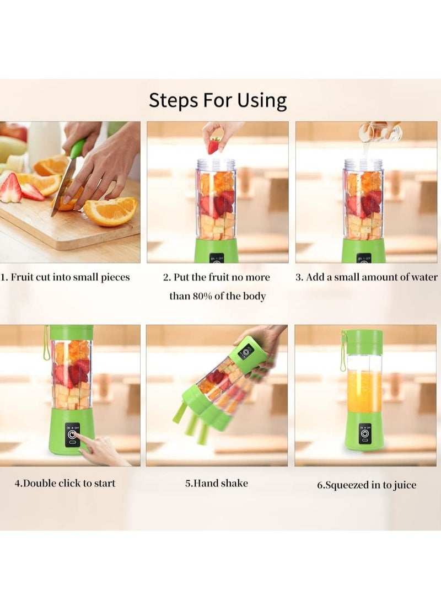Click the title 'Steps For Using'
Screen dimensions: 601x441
[218, 100]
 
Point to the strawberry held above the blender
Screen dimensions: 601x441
[213, 146]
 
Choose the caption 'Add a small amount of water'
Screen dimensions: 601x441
[367, 277]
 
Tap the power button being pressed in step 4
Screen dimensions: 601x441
[72, 435]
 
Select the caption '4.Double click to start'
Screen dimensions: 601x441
[65, 483]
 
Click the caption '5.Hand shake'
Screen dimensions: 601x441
[216, 483]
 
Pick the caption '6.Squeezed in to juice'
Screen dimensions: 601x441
[366, 485]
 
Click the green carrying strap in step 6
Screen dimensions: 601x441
[342, 353]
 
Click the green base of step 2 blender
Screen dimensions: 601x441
[217, 251]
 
